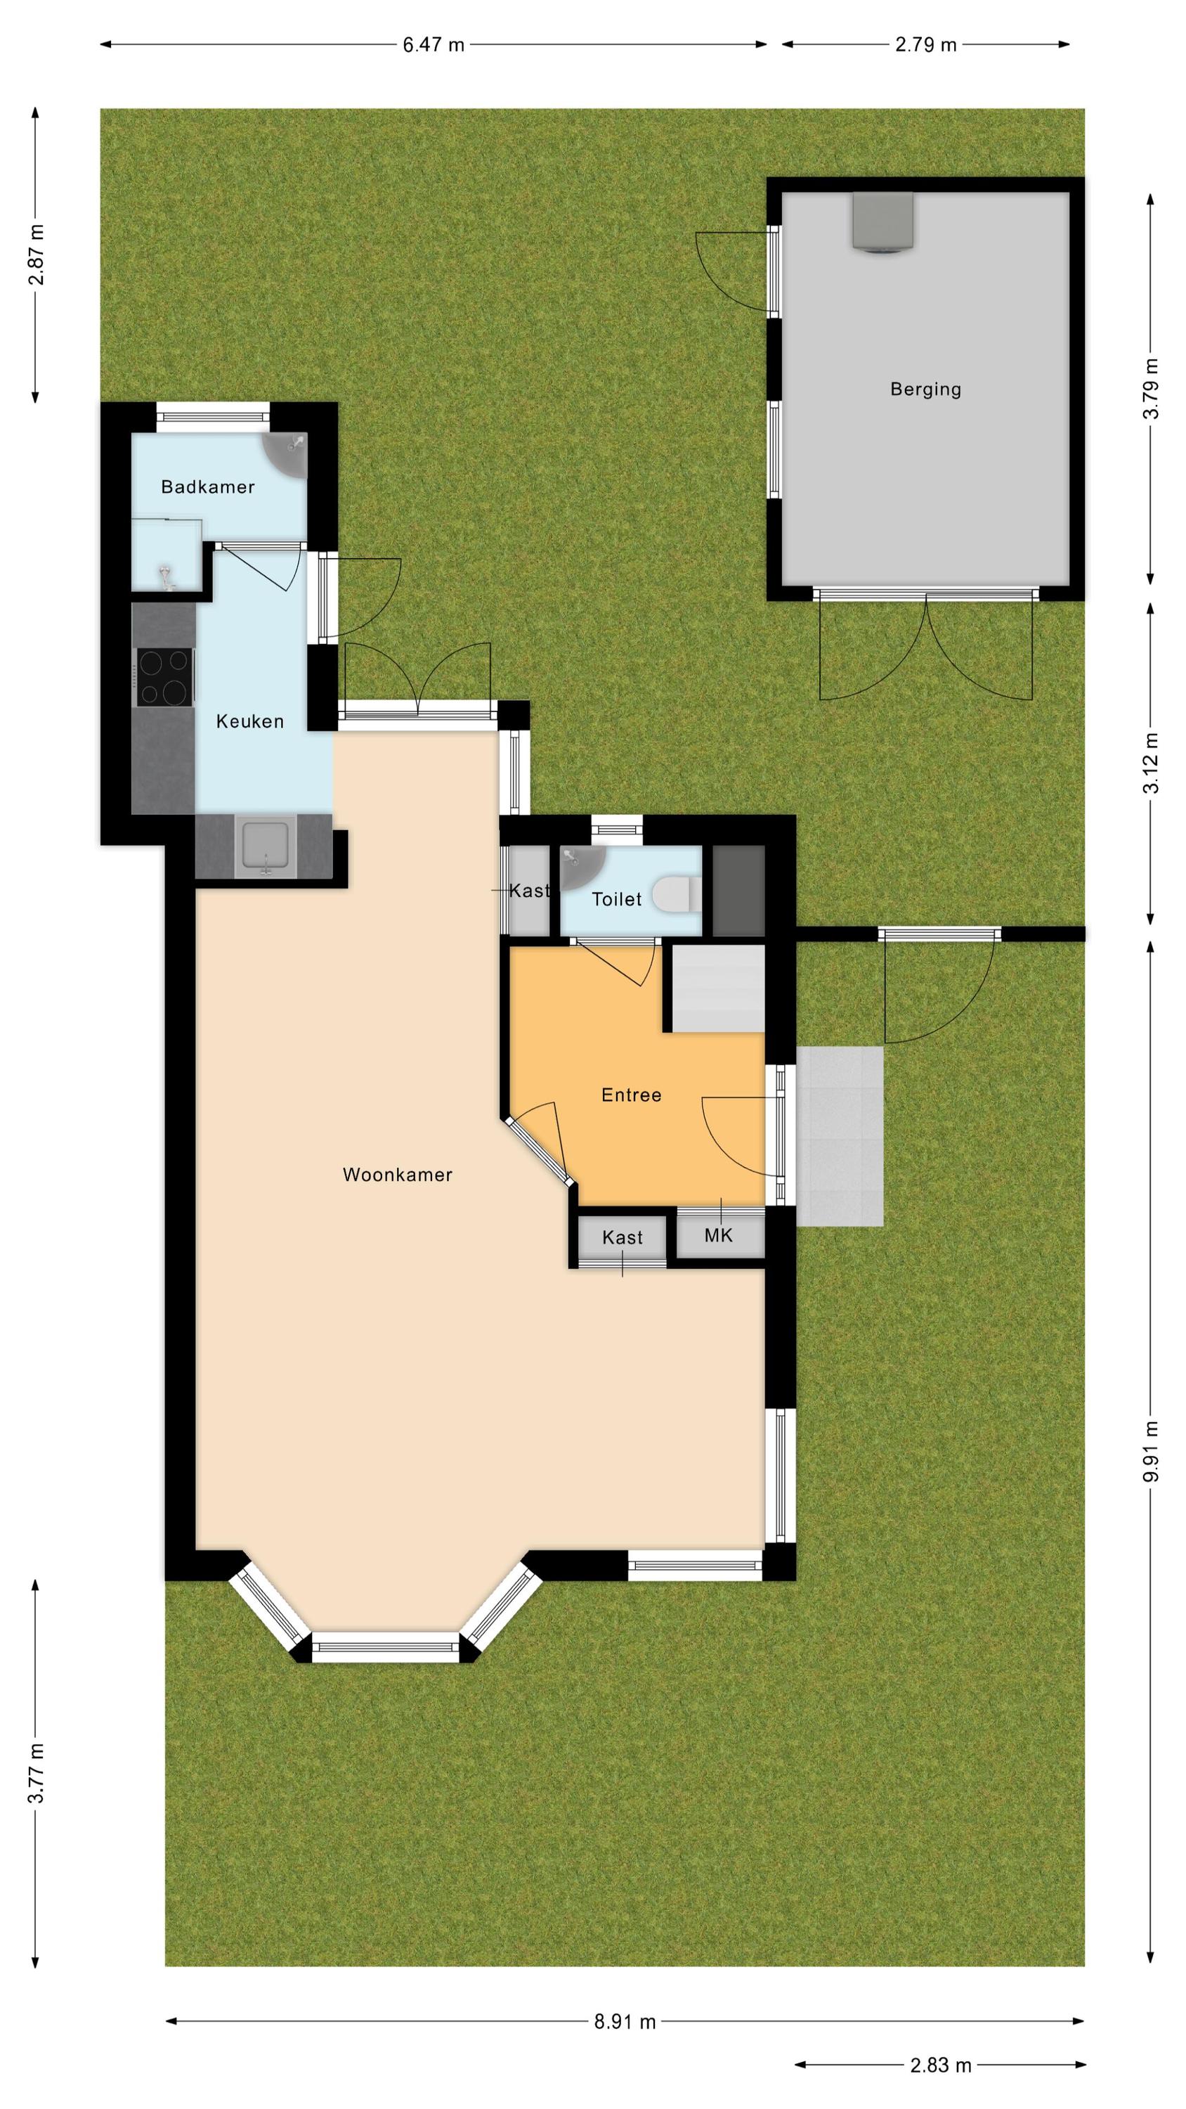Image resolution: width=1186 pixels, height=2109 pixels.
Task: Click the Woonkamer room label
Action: pyautogui.click(x=397, y=1175)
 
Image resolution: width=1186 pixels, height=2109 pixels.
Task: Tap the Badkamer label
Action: pyautogui.click(x=208, y=487)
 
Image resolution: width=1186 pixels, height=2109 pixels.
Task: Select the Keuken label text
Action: pyautogui.click(x=249, y=721)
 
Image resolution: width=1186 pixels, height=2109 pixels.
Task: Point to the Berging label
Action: pyautogui.click(x=926, y=389)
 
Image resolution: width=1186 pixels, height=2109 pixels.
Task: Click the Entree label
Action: pyautogui.click(x=631, y=1095)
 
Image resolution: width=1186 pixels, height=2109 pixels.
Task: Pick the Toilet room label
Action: pyautogui.click(x=616, y=899)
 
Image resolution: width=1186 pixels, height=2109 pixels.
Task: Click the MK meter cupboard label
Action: pyautogui.click(x=719, y=1234)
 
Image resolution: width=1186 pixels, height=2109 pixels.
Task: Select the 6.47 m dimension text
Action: pyautogui.click(x=433, y=45)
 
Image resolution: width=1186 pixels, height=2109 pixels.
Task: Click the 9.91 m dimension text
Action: pyautogui.click(x=1152, y=1451)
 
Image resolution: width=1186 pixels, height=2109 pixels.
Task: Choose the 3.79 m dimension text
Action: pyautogui.click(x=1152, y=388)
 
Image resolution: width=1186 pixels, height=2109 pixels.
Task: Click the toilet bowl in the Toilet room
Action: pyautogui.click(x=677, y=894)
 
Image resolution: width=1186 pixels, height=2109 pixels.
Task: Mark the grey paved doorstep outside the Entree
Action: pyautogui.click(x=840, y=1136)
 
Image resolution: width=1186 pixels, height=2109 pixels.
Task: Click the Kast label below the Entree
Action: pyautogui.click(x=622, y=1237)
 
